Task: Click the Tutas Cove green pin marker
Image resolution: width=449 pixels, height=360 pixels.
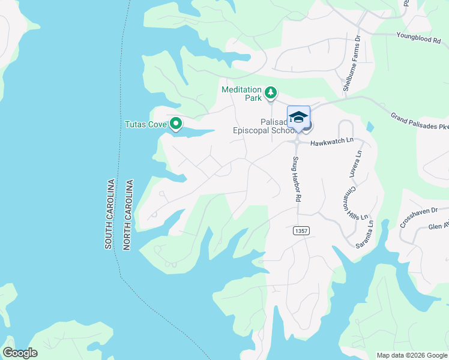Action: pyautogui.click(x=176, y=124)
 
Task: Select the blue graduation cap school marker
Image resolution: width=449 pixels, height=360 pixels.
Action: pyautogui.click(x=298, y=116)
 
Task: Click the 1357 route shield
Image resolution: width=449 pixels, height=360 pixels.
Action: pyautogui.click(x=301, y=231)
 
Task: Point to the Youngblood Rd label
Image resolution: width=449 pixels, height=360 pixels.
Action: pyautogui.click(x=418, y=36)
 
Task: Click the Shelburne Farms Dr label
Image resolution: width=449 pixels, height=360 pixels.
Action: pyautogui.click(x=351, y=62)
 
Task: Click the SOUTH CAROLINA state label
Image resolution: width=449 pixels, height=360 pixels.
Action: pyautogui.click(x=110, y=214)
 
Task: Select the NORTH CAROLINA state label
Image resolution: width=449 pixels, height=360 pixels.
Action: pyautogui.click(x=127, y=214)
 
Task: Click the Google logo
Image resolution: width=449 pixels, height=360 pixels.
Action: pyautogui.click(x=20, y=353)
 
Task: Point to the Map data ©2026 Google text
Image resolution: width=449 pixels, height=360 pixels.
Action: pyautogui.click(x=411, y=355)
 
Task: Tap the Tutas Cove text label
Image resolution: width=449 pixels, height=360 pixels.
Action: pyautogui.click(x=145, y=125)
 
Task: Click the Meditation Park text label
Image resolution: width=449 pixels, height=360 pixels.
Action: pyautogui.click(x=243, y=93)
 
